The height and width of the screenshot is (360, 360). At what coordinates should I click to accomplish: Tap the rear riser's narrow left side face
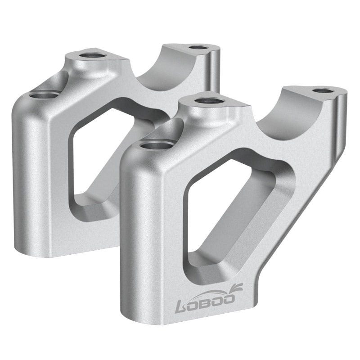pos(27,180)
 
